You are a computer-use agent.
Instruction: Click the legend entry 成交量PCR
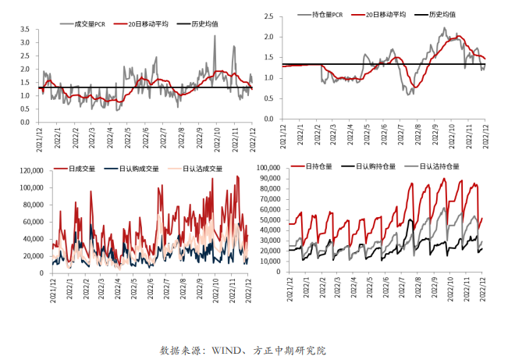click(x=84, y=23)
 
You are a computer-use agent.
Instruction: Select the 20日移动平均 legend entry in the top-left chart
click(x=145, y=23)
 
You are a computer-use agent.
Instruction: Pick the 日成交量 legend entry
click(x=81, y=168)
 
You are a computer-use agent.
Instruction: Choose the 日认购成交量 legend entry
click(x=138, y=168)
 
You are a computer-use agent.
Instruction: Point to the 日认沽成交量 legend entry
click(x=202, y=168)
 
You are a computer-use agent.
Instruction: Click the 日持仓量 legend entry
click(x=318, y=166)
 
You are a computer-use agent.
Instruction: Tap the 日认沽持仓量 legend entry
click(x=439, y=166)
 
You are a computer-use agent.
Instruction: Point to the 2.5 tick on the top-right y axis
click(x=268, y=16)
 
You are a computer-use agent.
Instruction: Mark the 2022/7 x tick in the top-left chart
click(x=162, y=137)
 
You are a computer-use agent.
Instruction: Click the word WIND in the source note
click(x=227, y=350)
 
